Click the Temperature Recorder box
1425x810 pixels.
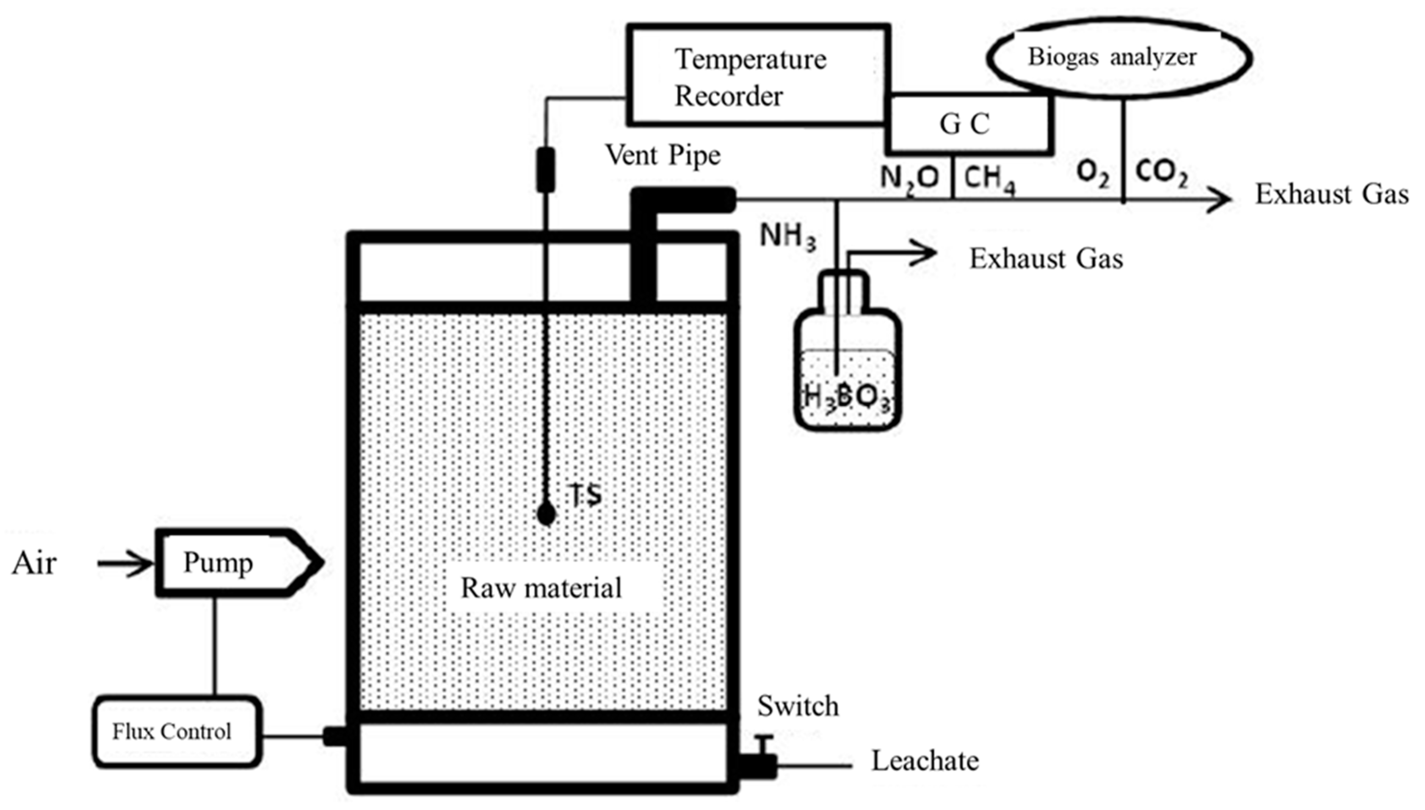757,75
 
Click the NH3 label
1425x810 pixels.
787,236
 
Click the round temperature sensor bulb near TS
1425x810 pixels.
547,515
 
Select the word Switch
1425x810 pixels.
797,706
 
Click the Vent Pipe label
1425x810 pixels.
662,155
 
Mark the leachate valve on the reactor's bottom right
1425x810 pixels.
759,762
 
